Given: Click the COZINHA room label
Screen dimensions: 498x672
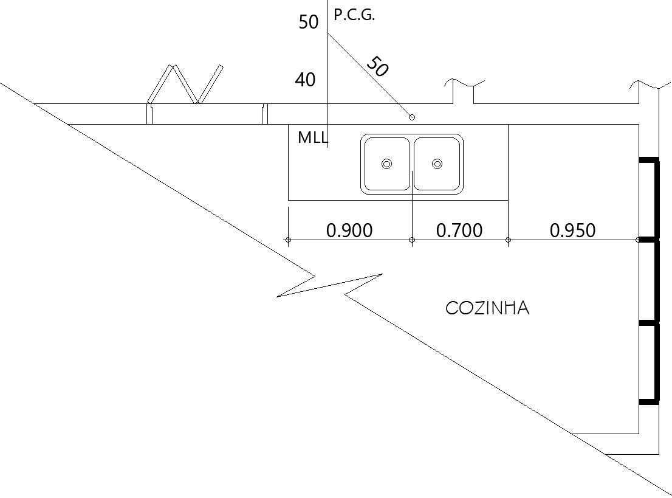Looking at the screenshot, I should point(487,308).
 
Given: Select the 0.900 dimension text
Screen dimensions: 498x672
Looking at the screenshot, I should point(349,230).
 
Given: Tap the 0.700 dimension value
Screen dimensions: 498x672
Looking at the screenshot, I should point(459,230).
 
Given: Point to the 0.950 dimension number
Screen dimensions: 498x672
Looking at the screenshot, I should point(572,230).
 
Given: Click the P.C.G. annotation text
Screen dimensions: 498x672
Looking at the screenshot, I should point(354,16).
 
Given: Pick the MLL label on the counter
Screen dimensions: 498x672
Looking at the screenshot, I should point(312,137).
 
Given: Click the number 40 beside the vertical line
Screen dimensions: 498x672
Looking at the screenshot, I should point(305,80).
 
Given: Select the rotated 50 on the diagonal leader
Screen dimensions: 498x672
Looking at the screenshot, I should point(378,66).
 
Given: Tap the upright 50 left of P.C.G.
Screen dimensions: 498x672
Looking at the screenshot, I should point(309,22).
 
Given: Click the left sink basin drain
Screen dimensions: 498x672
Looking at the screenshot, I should point(386,164).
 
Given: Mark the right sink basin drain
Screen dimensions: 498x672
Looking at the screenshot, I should point(437,164).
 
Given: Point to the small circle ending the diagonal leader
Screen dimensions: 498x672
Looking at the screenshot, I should point(411,117).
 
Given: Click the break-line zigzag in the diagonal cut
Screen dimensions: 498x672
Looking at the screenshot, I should point(328,285).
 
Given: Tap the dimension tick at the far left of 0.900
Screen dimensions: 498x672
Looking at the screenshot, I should point(288,240).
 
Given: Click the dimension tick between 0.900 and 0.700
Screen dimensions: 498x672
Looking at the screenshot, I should point(412,240).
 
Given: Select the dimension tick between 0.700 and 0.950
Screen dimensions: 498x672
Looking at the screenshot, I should point(508,240).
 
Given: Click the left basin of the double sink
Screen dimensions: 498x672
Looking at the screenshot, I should point(386,164).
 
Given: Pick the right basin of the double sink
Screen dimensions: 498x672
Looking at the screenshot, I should point(437,164).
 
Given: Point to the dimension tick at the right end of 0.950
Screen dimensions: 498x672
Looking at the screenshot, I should point(638,240).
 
